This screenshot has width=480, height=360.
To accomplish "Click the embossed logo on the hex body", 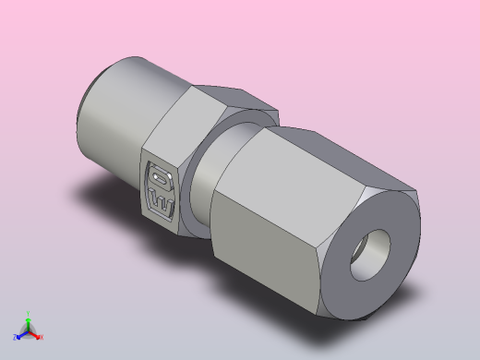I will [x=162, y=189].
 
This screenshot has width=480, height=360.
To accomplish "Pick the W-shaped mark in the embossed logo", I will [x=162, y=200].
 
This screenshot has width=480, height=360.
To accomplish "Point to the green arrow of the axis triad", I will [x=28, y=322].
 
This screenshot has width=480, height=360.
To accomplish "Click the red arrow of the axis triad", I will [x=35, y=333].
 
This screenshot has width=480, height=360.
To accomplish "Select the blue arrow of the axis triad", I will [x=22, y=334].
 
